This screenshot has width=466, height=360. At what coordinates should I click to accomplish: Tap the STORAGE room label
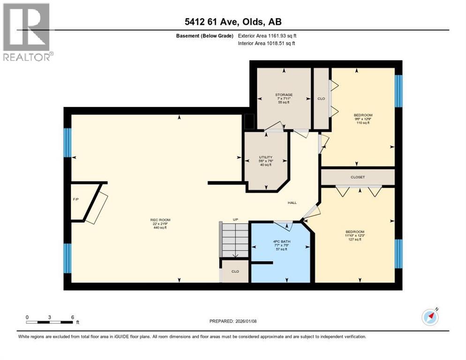pyautogui.click(x=284, y=95)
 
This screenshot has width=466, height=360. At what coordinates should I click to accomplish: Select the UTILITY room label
pyautogui.click(x=266, y=157)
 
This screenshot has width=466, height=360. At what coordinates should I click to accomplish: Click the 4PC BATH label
pyautogui.click(x=280, y=242)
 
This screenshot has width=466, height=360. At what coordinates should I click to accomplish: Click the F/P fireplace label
pyautogui.click(x=75, y=200)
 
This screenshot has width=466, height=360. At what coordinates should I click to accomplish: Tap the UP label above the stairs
pyautogui.click(x=236, y=219)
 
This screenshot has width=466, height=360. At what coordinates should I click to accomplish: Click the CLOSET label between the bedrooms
pyautogui.click(x=358, y=177)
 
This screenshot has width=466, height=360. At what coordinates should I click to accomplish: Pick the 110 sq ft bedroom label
pyautogui.click(x=363, y=115)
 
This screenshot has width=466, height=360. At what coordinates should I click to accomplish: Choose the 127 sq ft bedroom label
pyautogui.click(x=354, y=232)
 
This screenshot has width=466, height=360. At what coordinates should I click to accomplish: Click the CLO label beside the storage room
pyautogui.click(x=321, y=99)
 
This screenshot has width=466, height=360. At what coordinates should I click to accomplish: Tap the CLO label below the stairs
pyautogui.click(x=235, y=271)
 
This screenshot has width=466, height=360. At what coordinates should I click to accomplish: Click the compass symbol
pyautogui.click(x=430, y=317)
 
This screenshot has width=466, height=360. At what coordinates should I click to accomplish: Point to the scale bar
pyautogui.click(x=49, y=322)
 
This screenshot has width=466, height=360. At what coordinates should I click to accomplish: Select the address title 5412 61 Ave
pyautogui.click(x=233, y=22)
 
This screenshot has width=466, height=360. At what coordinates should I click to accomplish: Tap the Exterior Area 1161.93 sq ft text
pyautogui.click(x=267, y=36)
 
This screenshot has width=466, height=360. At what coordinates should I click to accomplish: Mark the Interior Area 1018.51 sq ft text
pyautogui.click(x=267, y=43)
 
